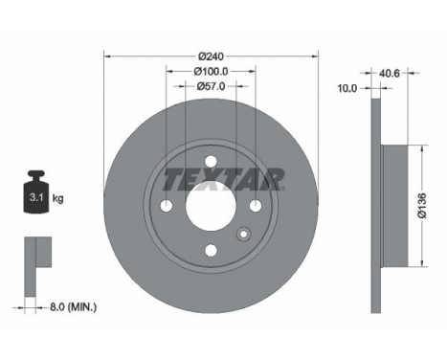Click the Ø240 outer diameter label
point(211,56)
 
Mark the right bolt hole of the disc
point(256,208)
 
